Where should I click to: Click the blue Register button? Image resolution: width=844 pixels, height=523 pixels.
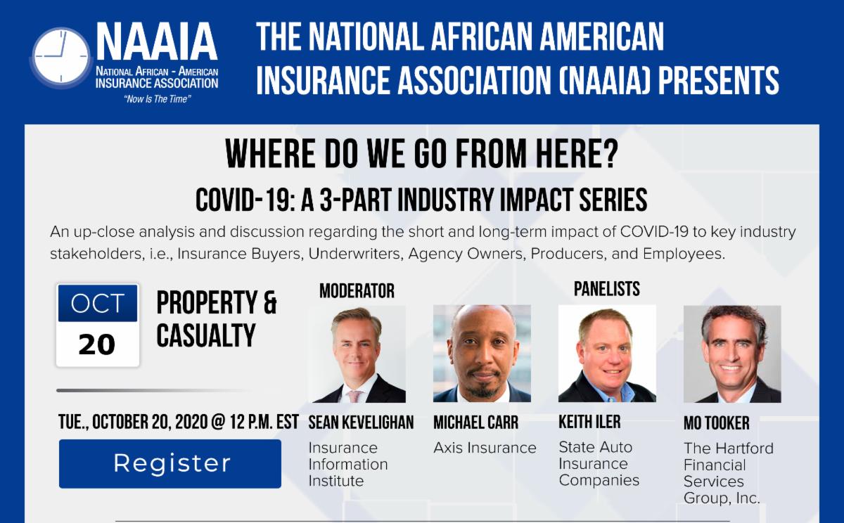[x=170, y=463]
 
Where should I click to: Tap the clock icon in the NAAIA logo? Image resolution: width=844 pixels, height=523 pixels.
[x=61, y=56]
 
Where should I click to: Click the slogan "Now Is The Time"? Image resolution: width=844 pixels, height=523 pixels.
[x=158, y=99]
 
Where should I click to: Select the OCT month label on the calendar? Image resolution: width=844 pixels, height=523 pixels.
[x=98, y=303]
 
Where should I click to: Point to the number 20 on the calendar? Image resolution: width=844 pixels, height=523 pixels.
[x=97, y=344]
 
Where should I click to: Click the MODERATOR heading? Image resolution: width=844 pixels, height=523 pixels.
[x=357, y=291]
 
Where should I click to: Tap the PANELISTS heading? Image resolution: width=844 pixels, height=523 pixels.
[x=606, y=289]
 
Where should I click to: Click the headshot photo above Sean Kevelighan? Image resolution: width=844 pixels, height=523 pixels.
[x=357, y=354]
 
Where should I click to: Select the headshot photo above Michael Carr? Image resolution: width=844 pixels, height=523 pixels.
[x=482, y=354]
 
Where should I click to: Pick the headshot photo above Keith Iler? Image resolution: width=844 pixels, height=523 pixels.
[x=607, y=354]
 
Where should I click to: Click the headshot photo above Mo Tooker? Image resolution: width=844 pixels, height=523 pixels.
[x=732, y=354]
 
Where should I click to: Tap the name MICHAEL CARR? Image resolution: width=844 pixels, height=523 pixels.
[x=476, y=422]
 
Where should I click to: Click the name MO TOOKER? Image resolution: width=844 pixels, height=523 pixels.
[x=717, y=423]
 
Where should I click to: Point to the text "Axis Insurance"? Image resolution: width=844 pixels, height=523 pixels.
[x=485, y=448]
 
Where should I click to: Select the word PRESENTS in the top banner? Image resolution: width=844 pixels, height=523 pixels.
[x=719, y=80]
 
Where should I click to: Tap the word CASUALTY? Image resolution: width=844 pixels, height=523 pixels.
[x=206, y=335]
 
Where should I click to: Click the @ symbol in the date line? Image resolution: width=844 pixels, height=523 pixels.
[x=219, y=422]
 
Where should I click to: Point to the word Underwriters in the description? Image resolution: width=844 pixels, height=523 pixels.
[x=354, y=254]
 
